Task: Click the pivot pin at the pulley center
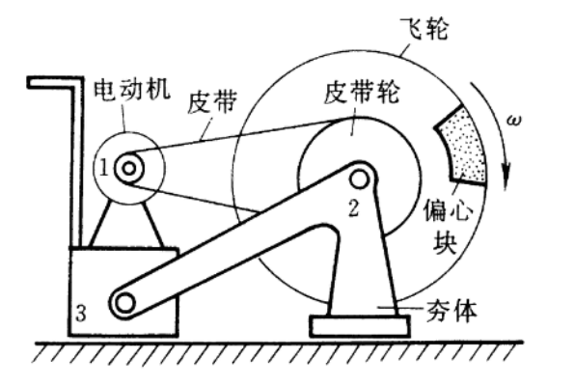[x=360, y=178]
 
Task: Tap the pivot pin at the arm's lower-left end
[x=123, y=304]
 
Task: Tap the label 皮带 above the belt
[x=214, y=100]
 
